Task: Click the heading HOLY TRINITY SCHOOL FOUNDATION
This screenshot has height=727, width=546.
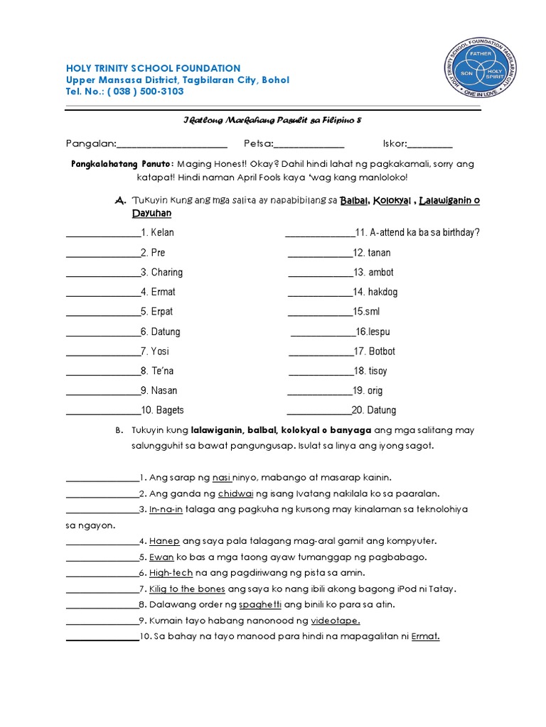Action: point(153,68)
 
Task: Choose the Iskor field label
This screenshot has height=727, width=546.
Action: point(395,144)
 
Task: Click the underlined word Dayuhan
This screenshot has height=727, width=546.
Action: point(151,213)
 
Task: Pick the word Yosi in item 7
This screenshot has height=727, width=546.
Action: point(160,351)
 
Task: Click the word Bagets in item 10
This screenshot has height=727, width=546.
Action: point(170,410)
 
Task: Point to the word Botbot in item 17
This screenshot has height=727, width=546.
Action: point(382,351)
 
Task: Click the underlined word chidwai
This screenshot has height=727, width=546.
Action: point(235,493)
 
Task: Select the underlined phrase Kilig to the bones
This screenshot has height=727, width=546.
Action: point(188,589)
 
